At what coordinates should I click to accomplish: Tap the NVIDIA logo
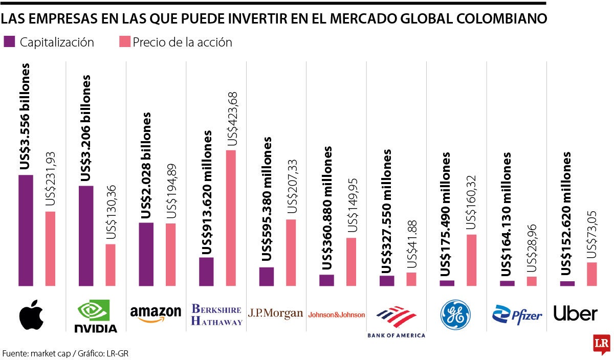[97, 316]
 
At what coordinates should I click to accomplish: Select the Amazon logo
[156, 313]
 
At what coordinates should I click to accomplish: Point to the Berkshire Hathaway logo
[216, 314]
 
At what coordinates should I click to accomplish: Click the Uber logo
[575, 313]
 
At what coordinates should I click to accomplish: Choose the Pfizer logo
[517, 314]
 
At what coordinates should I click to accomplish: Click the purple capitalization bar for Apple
[26, 230]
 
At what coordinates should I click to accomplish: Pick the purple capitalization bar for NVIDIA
[86, 235]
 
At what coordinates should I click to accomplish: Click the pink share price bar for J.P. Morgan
[291, 252]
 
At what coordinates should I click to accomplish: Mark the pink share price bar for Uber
[592, 274]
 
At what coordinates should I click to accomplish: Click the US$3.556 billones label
[25, 117]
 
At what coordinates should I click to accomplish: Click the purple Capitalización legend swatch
[9, 42]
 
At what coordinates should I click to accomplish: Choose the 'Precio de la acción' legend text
[182, 42]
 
